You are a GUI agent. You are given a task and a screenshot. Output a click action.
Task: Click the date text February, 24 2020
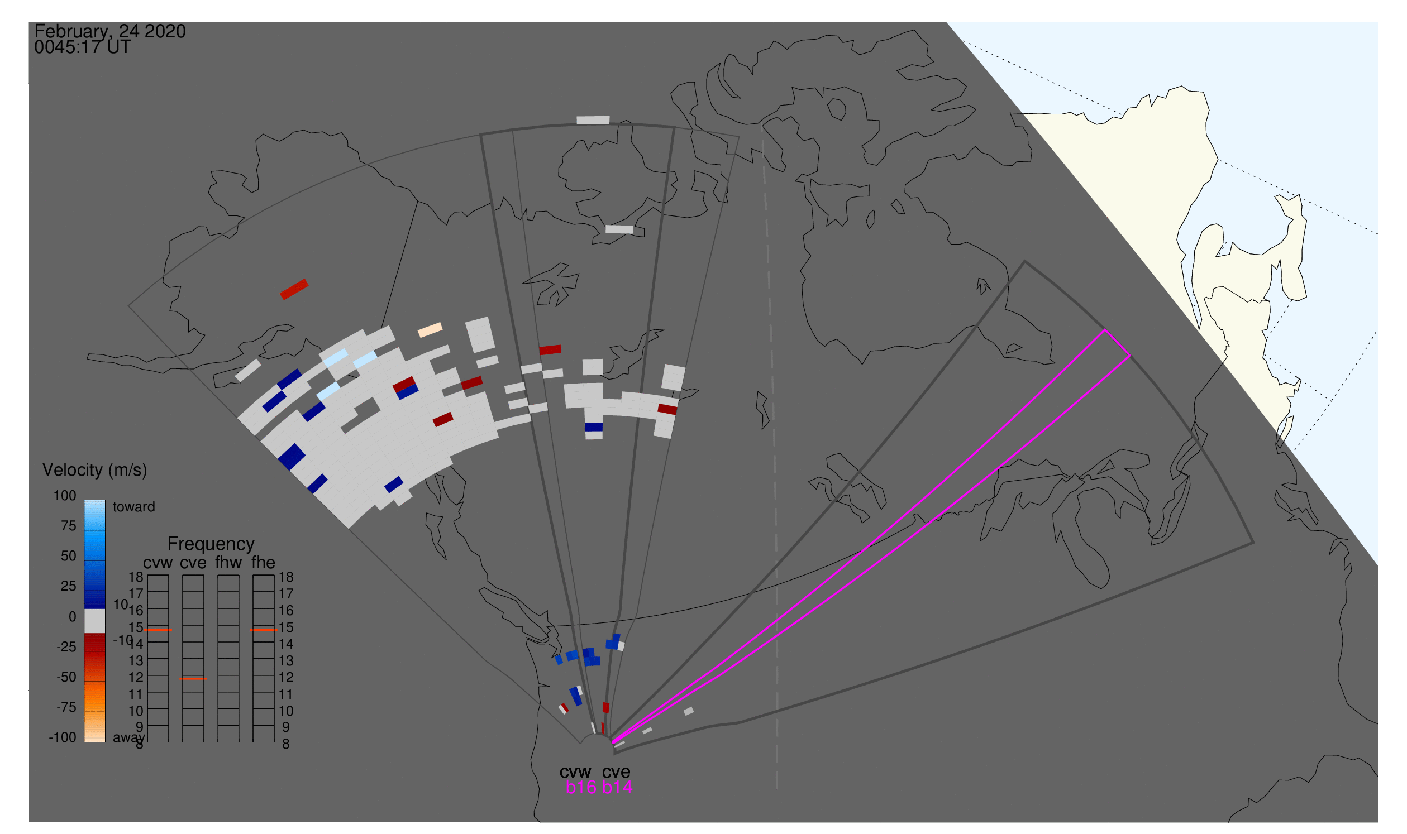(110, 31)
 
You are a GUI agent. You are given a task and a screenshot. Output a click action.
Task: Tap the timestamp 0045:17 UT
(83, 47)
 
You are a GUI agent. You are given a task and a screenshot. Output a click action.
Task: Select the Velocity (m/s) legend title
(95, 471)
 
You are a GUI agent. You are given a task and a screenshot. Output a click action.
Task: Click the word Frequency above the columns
(211, 545)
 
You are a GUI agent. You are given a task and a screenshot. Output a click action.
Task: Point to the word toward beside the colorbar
(134, 507)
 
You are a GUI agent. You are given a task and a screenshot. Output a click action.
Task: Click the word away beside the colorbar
(129, 738)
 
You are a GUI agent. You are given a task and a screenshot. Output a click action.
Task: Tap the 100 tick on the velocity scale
(65, 496)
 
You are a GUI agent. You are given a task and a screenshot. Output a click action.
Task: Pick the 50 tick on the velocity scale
(69, 556)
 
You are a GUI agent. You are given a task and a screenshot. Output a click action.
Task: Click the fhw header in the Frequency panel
(228, 563)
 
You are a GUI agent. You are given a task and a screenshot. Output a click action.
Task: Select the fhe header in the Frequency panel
(263, 563)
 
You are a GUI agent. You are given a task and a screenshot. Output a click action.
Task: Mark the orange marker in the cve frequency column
(193, 679)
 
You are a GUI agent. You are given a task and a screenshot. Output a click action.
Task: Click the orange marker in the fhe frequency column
(263, 631)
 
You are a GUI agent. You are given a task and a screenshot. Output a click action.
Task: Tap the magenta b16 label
(581, 788)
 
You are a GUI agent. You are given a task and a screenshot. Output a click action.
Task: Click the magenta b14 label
(617, 788)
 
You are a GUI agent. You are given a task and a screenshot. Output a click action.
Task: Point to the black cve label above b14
(616, 772)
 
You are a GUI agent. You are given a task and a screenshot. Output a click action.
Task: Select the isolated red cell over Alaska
(294, 289)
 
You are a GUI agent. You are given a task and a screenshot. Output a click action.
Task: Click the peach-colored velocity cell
(430, 330)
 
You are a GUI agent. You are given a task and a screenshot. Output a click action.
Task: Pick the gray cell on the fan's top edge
(593, 120)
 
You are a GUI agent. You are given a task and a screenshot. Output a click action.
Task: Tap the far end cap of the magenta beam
(1118, 343)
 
